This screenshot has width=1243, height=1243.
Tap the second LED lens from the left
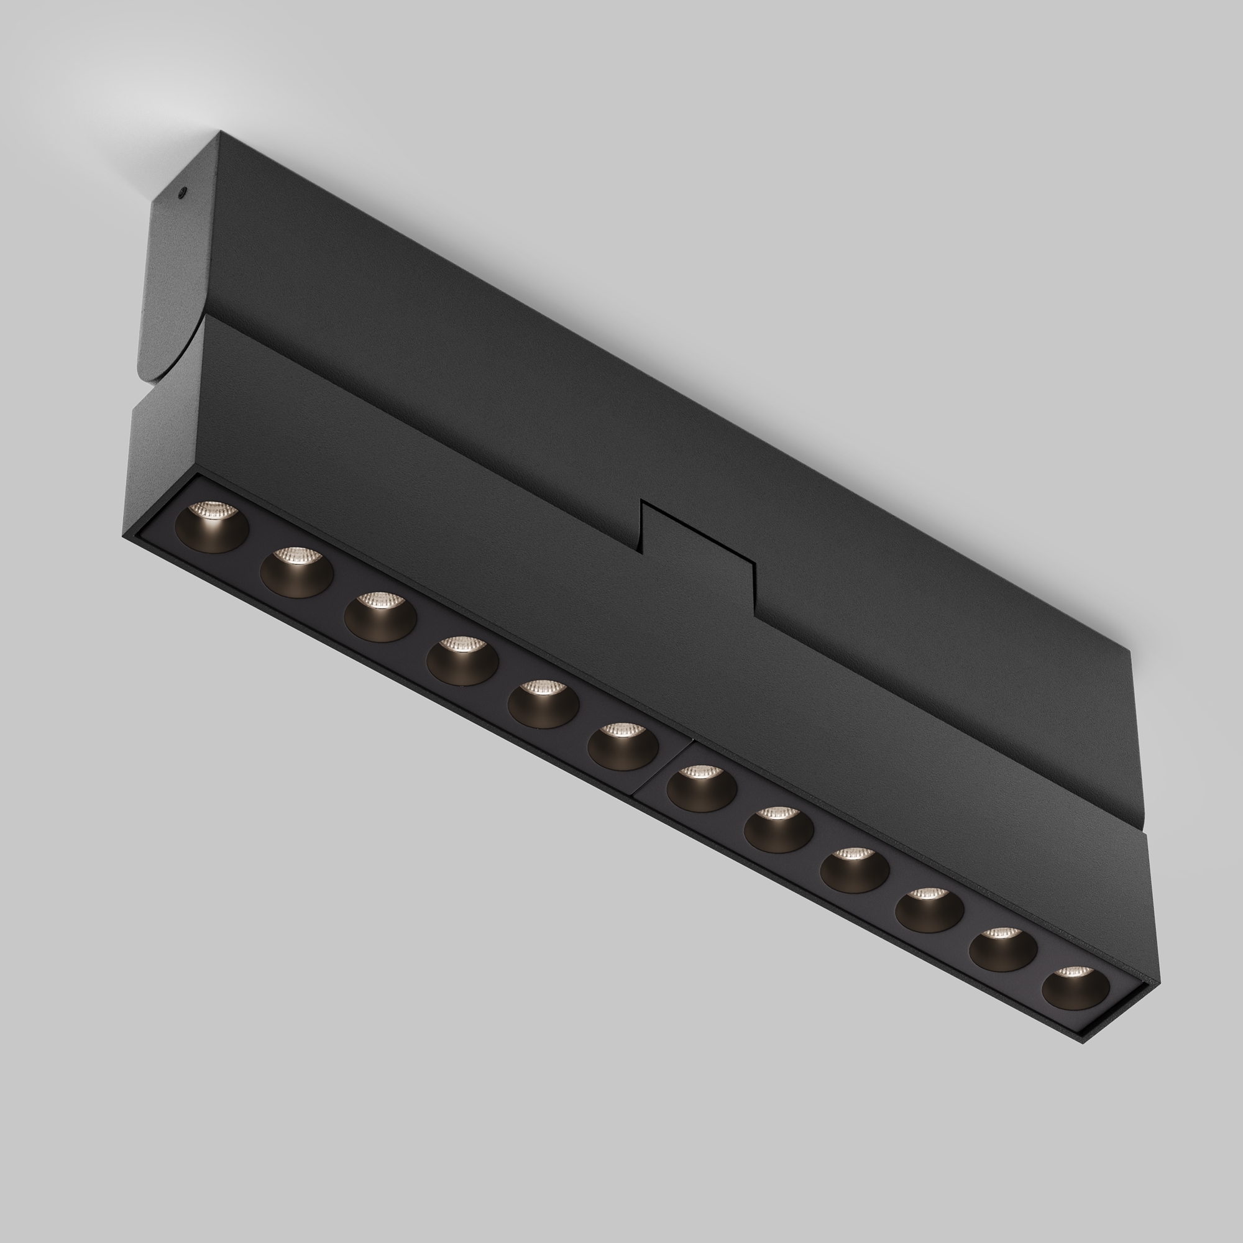(296, 572)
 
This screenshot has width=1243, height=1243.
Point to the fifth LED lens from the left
(543, 703)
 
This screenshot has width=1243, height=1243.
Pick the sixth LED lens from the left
(623, 746)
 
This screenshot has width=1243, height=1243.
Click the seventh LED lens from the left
(701, 788)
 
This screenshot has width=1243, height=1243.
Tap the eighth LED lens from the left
(779, 829)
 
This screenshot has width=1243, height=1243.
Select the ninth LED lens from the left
(855, 870)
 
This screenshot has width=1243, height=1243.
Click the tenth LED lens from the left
(929, 910)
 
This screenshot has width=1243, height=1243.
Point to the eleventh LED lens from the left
(1003, 949)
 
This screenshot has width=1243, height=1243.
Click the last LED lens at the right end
(1076, 988)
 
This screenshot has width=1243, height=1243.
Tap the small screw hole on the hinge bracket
(183, 191)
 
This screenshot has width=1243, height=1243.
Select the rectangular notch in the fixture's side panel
(698, 550)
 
